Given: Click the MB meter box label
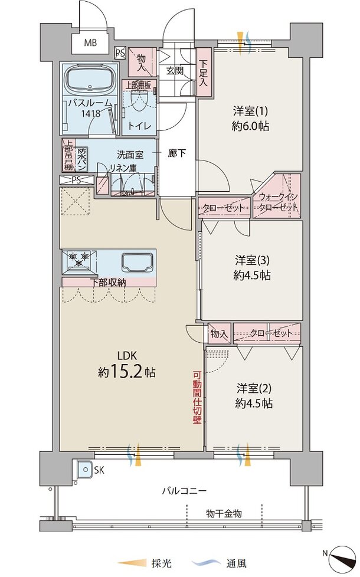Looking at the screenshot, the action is pos(90,42).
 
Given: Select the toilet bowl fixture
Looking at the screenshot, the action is pos(139,100).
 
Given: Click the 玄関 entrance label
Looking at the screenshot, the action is pos(175,70).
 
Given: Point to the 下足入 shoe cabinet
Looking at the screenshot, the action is pos(204,73).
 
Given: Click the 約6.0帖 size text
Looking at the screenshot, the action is pos(250,126).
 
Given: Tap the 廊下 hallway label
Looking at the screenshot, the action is pos(176,153).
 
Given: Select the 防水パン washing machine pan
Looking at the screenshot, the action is pos(81,159).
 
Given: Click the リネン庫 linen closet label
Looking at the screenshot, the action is pos(123,168).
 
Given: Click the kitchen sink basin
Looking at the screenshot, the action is pos(138,263).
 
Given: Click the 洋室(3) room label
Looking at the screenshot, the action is pos(252,261).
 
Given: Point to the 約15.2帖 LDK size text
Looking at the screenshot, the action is pos(126,372).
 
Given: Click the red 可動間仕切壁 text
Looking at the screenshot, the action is pos(197,398).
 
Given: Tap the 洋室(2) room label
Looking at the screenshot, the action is pos(254,388).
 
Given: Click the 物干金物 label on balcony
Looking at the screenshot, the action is pos(224,513).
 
